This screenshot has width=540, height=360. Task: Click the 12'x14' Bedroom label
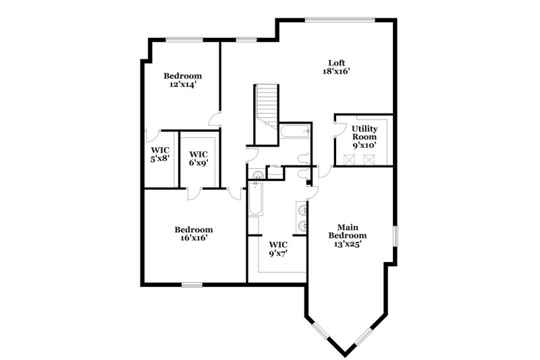pyautogui.click(x=182, y=80)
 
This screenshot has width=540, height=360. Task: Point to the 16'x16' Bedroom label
pyautogui.click(x=193, y=233)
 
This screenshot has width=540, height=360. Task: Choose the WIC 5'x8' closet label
pyautogui.click(x=159, y=154)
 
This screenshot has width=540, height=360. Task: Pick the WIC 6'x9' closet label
pyautogui.click(x=198, y=158)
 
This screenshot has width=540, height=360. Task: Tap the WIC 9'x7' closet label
pyautogui.click(x=278, y=249)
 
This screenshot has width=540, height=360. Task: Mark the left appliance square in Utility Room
pyautogui.click(x=349, y=159)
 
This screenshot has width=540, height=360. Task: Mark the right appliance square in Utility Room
pyautogui.click(x=370, y=159)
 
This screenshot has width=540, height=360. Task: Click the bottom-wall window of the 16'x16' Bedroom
pyautogui.click(x=192, y=284)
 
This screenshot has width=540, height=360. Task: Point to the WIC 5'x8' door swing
pyautogui.click(x=153, y=134)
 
